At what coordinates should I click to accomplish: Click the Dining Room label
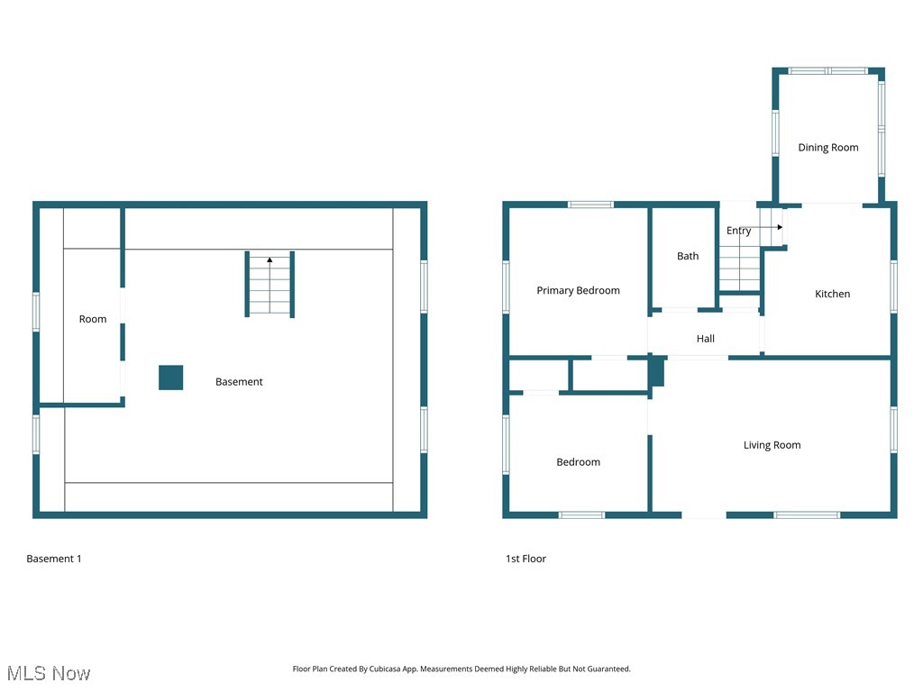click(x=827, y=148)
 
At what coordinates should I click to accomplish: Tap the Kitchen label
click(x=832, y=294)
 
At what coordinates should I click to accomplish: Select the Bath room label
click(x=688, y=256)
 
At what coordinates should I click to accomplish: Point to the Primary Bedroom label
click(x=578, y=290)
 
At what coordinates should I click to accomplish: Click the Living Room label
click(x=772, y=445)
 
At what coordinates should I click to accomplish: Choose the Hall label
click(x=705, y=339)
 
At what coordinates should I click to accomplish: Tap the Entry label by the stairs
click(x=738, y=231)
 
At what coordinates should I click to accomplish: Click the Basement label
click(x=239, y=382)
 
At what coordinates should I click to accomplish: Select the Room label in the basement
click(x=93, y=319)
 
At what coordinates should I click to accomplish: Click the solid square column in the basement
click(x=171, y=378)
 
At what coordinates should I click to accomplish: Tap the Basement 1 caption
click(x=54, y=559)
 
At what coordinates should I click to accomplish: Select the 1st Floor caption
click(x=525, y=559)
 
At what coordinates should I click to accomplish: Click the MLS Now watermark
click(x=49, y=673)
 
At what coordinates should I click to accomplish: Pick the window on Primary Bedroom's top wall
click(x=590, y=205)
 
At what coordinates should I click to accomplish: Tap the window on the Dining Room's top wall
click(x=828, y=70)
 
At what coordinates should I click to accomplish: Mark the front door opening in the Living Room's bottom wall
click(x=703, y=514)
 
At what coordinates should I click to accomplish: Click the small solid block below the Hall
click(x=657, y=373)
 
